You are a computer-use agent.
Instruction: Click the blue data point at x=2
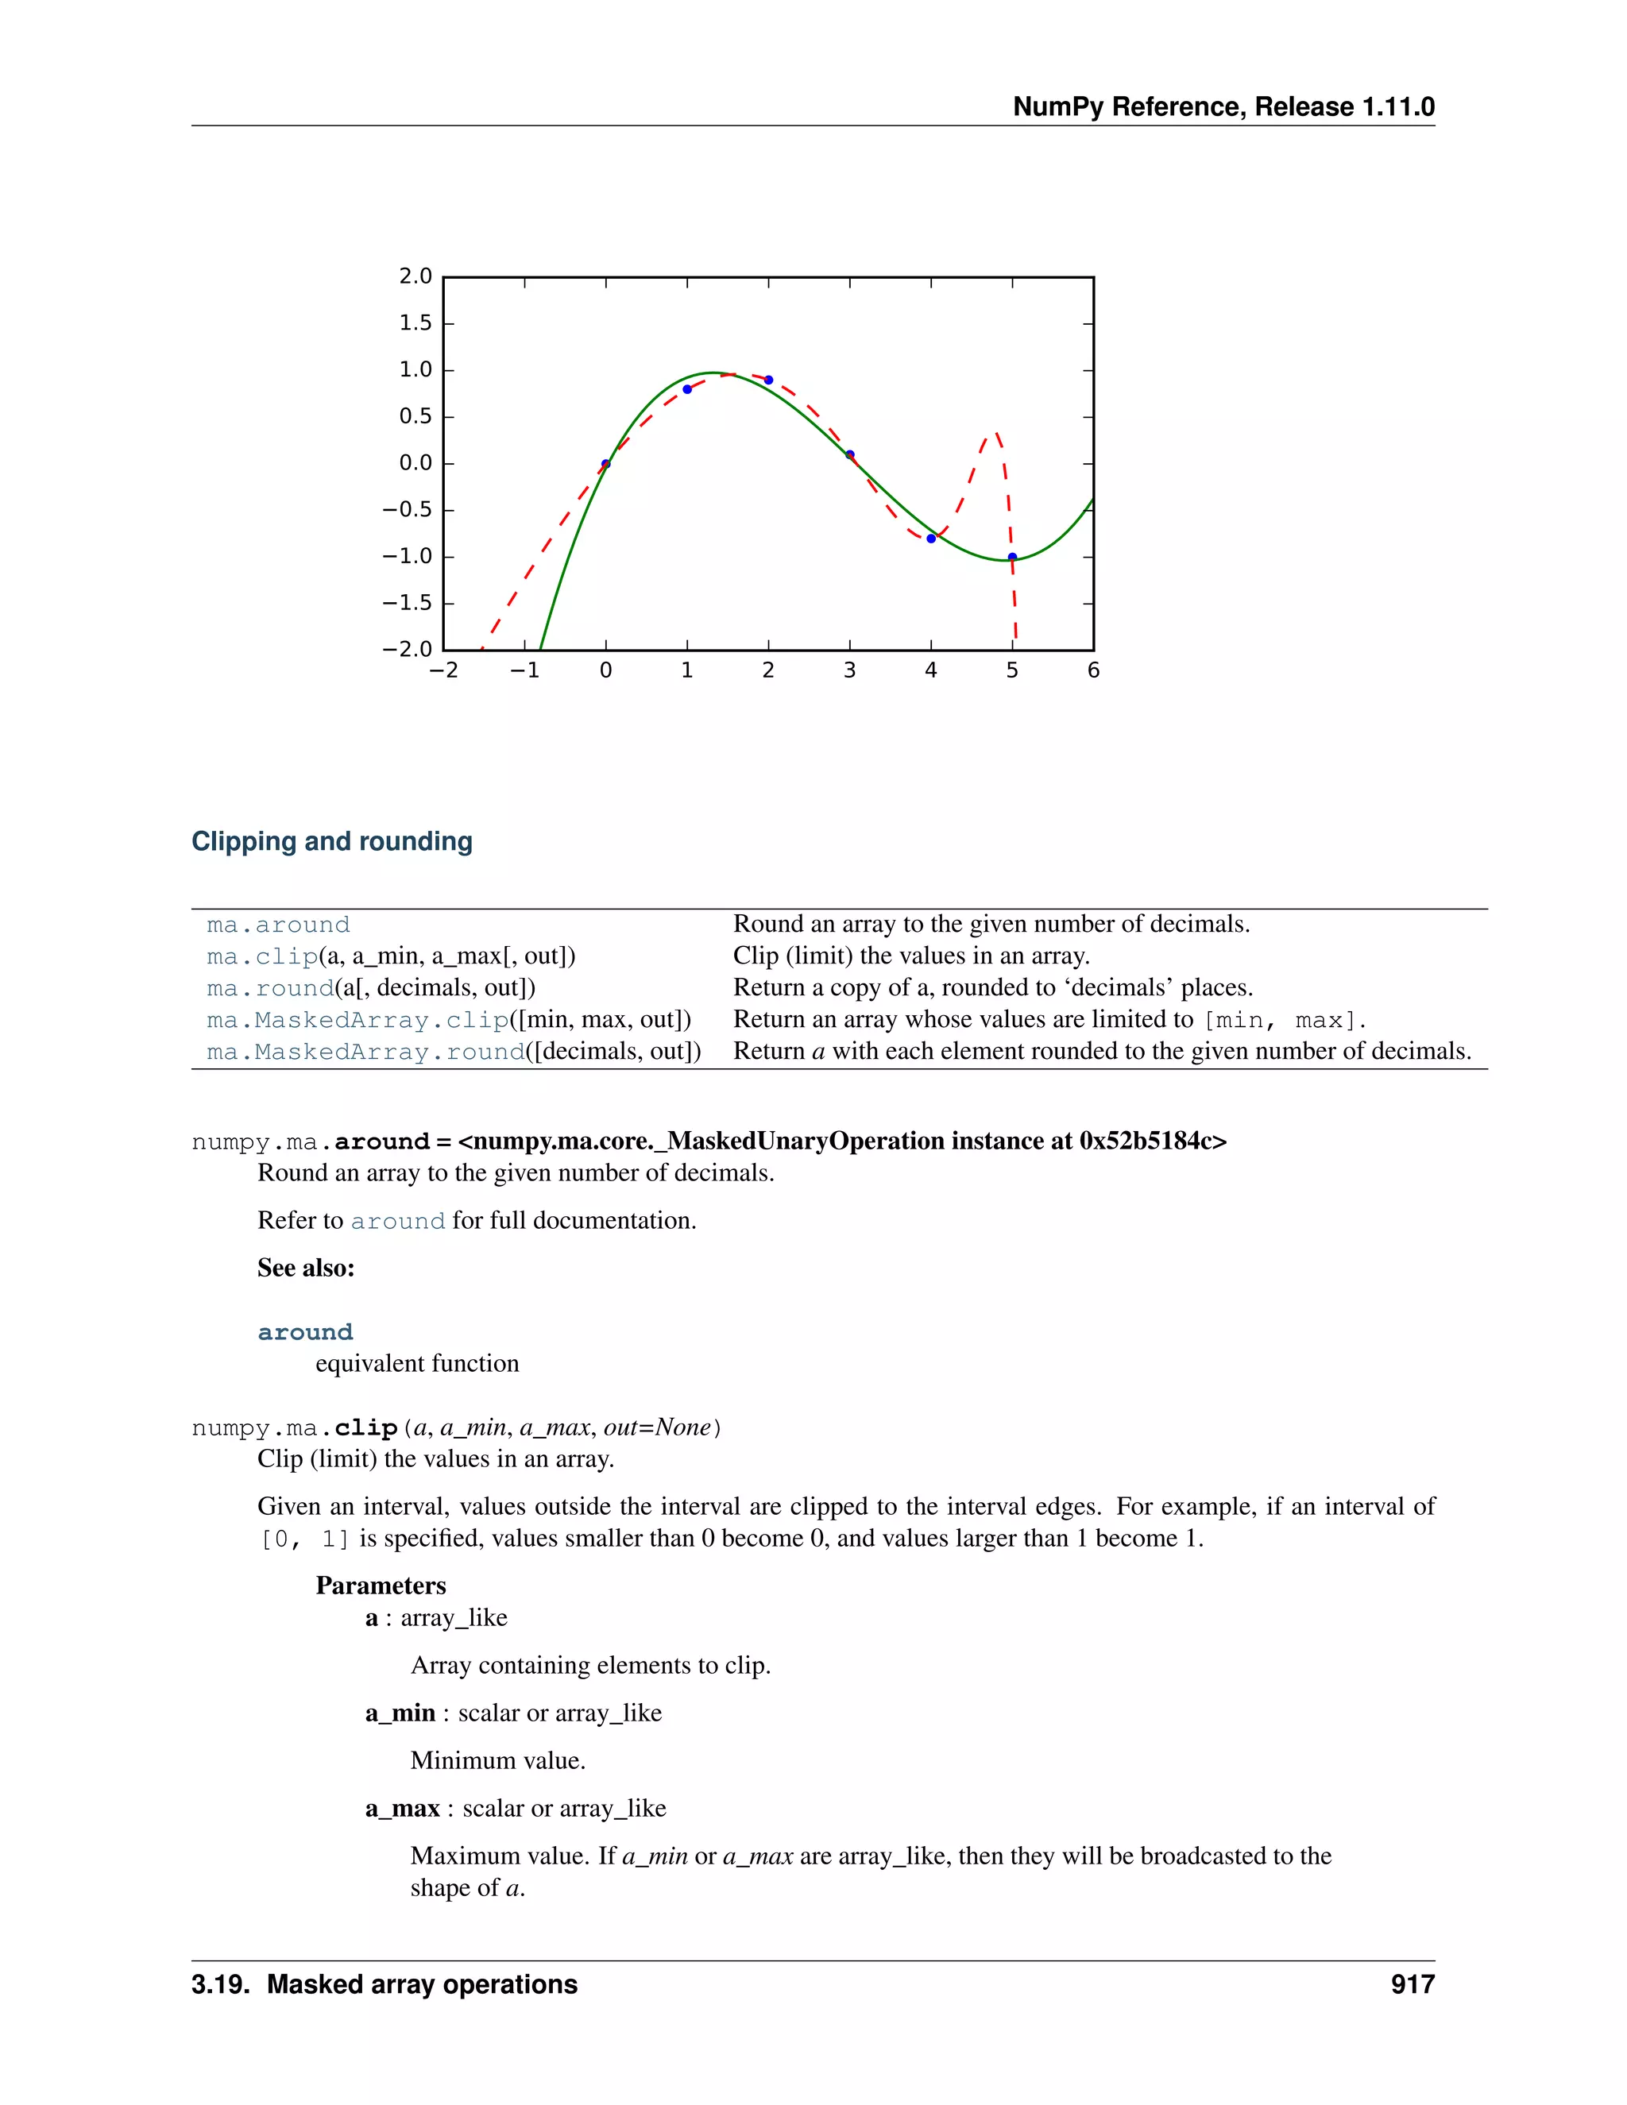768,380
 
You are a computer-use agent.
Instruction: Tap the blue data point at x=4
931,539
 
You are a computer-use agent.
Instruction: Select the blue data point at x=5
1012,557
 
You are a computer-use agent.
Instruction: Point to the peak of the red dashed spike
995,434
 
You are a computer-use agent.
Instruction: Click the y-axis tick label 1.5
415,323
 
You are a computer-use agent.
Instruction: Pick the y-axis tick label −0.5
407,510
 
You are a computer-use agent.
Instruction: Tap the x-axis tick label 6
1093,671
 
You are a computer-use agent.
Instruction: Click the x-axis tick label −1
524,671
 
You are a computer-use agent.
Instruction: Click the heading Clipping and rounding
331,841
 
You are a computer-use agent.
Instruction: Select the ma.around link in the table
277,925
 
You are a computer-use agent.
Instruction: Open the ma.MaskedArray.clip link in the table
357,1020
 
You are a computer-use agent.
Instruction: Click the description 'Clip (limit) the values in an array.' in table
911,956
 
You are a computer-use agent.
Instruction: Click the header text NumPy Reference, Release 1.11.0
1223,107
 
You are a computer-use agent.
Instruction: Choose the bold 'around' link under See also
304,1332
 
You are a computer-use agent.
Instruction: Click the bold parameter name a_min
400,1713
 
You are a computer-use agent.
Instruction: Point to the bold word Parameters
381,1586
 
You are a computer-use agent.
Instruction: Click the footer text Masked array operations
421,1984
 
